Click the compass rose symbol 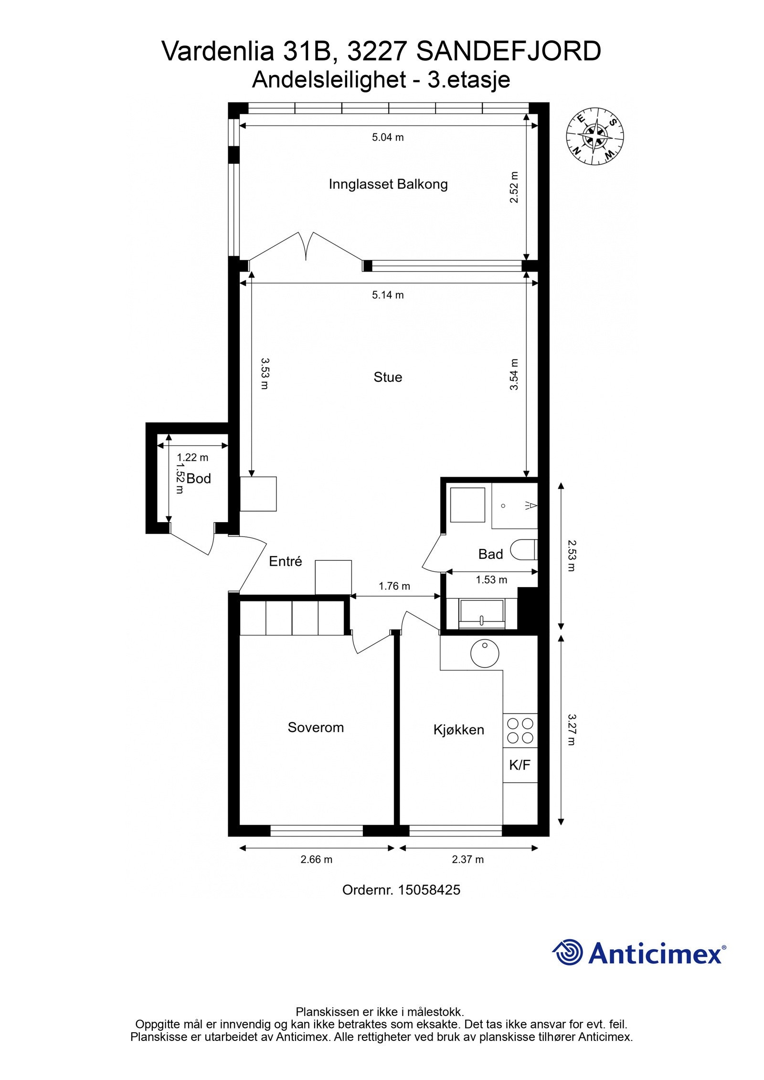pos(595,136)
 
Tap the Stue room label pos(388,377)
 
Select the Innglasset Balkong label pos(388,184)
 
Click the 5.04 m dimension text pos(388,137)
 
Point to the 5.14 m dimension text pos(388,295)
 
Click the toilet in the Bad pos(524,550)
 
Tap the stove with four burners pos(520,731)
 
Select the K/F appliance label pos(520,765)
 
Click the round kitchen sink pos(485,653)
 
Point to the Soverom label pos(316,727)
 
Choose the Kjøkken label pos(459,730)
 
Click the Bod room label pos(199,479)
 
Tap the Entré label pos(286,561)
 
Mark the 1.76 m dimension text pos(394,586)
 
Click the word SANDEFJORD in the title pos(509,52)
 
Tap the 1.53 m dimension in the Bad pos(491,580)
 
